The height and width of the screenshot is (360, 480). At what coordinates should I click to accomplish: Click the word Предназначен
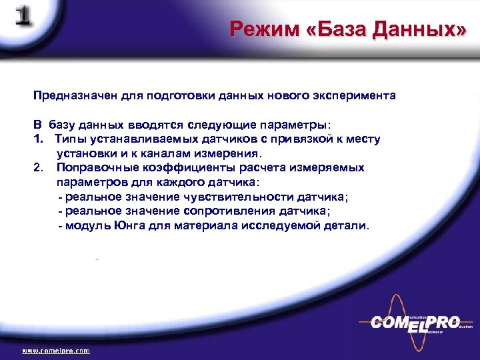67,95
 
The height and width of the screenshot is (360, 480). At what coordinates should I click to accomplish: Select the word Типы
69,139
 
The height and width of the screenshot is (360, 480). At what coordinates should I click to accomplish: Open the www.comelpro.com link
56,350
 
